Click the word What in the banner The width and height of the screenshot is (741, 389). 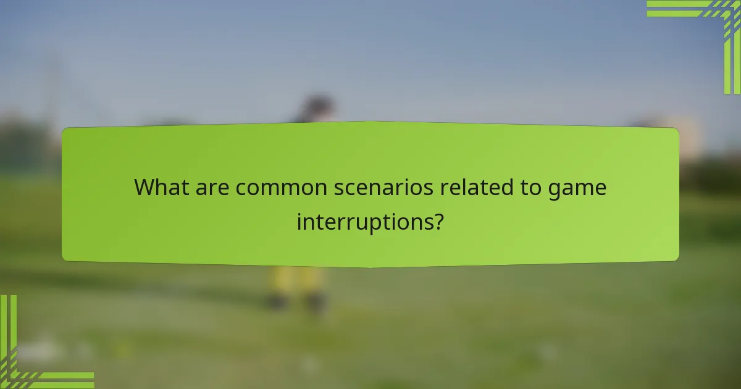click(x=162, y=187)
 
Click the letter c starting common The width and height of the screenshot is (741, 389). click(x=240, y=188)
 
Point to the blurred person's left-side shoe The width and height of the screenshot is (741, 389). click(x=278, y=302)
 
